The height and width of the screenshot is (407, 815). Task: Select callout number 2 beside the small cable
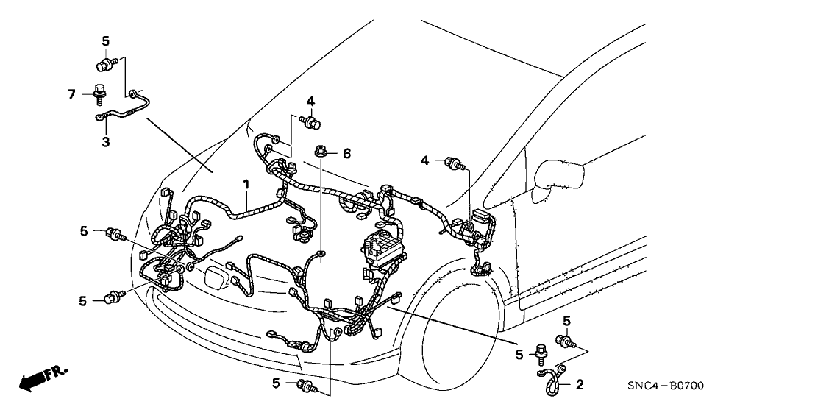pos(580,383)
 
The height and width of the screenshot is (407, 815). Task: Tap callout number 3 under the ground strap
pos(106,141)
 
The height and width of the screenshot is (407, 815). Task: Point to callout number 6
pos(346,153)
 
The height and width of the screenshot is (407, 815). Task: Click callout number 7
pos(71,93)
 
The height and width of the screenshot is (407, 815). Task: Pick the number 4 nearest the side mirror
pos(424,160)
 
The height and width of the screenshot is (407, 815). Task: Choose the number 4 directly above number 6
pos(310,101)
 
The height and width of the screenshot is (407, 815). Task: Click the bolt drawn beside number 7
pos(98,94)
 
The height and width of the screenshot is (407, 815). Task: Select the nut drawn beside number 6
pos(321,153)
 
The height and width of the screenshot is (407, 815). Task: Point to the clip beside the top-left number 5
pos(105,65)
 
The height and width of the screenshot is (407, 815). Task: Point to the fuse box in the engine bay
pos(382,247)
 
